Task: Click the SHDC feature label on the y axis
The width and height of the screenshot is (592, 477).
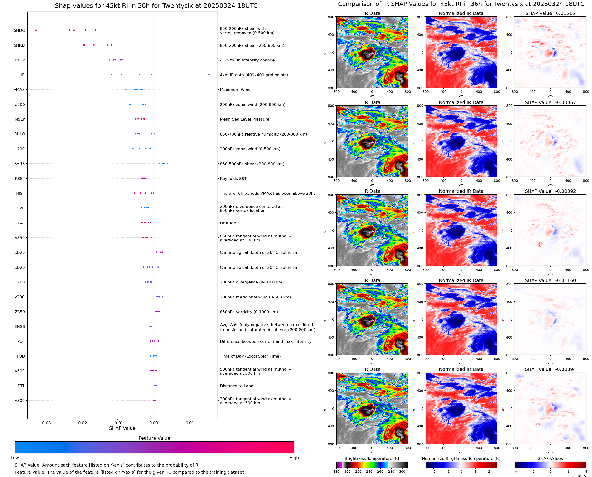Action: click(x=19, y=30)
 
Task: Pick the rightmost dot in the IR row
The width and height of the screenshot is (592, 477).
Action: click(x=209, y=75)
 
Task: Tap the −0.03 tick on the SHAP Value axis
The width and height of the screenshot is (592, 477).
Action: click(x=45, y=423)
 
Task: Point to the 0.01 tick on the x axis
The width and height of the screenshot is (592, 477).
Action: click(x=190, y=423)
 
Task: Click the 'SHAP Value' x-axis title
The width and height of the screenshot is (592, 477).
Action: click(x=122, y=428)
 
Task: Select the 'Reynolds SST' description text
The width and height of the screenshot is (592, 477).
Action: click(x=233, y=179)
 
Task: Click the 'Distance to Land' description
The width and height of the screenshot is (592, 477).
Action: click(x=236, y=386)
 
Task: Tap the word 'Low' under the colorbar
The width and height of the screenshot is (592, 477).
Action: click(x=15, y=458)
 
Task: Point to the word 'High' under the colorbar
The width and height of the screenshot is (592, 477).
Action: click(x=294, y=458)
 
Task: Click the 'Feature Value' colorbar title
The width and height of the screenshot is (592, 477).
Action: click(x=154, y=438)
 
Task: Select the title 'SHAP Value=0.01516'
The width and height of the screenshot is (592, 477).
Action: click(x=550, y=14)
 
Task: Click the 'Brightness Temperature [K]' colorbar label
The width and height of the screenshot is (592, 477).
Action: click(x=372, y=458)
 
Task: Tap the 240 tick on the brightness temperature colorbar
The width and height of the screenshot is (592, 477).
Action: click(x=369, y=472)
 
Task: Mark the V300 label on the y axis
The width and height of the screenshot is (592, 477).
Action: click(x=20, y=401)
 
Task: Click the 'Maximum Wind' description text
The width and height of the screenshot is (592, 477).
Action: click(x=235, y=90)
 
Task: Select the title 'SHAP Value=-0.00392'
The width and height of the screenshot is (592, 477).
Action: click(x=550, y=191)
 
